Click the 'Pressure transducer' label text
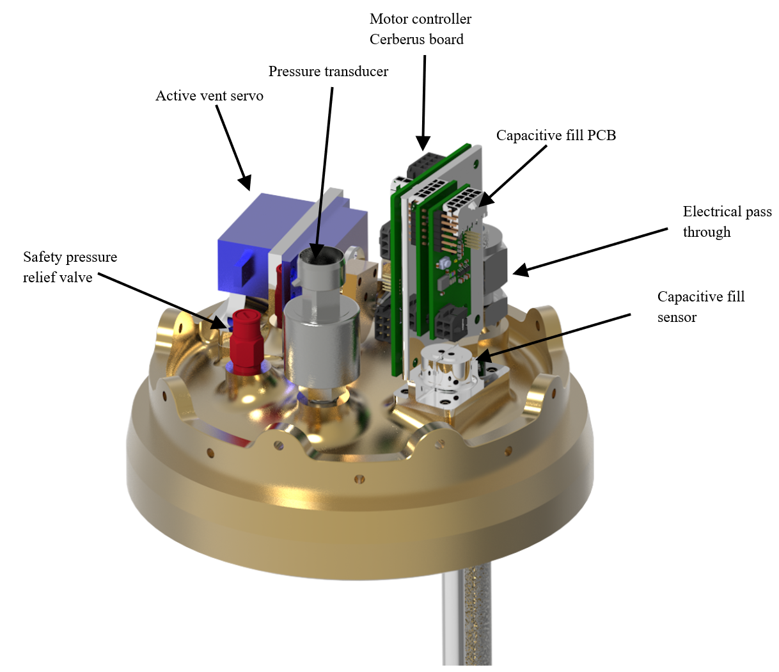coord(328,71)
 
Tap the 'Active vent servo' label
coord(209,96)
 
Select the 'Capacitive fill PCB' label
coord(556,136)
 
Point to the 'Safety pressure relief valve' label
coord(70,267)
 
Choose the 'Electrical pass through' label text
coord(727,221)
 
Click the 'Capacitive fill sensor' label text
coord(701,307)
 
